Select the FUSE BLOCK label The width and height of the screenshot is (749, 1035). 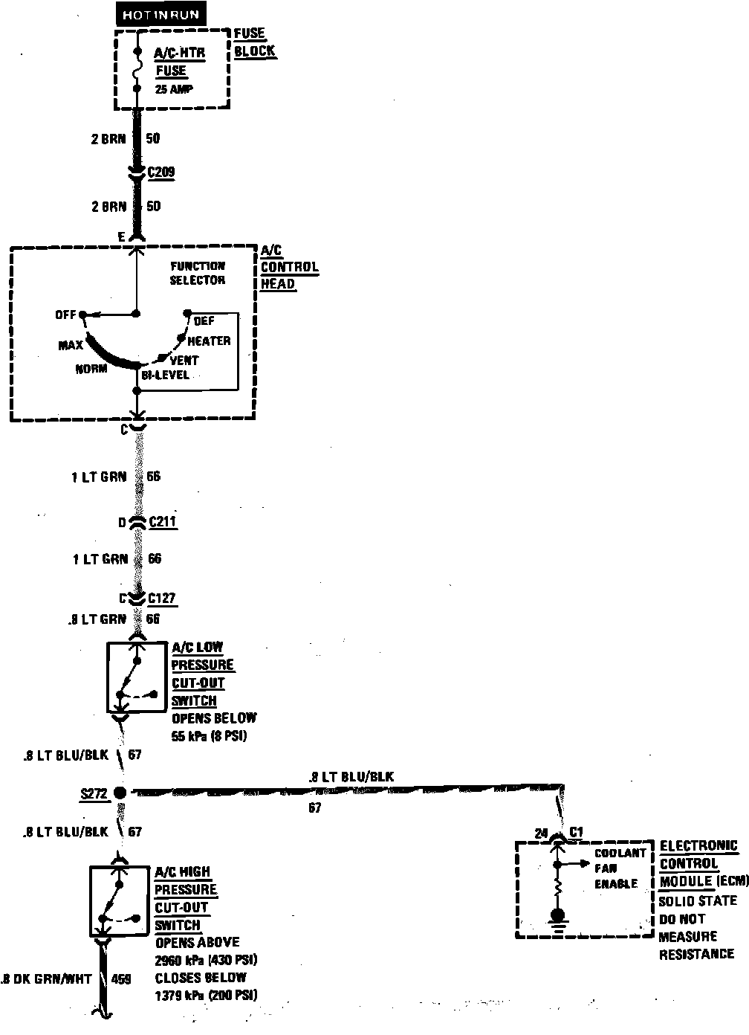coord(254,43)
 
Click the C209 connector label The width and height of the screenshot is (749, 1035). coord(162,172)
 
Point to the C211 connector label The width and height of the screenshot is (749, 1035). coord(163,521)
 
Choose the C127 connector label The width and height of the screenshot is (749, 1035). coord(163,598)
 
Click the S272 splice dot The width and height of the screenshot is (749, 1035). coord(119,793)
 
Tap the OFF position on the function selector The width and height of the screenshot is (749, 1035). coord(66,315)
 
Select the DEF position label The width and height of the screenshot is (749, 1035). coord(204,320)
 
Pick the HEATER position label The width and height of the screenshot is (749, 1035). coord(209,341)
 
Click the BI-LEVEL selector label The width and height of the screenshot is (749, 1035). coord(165,375)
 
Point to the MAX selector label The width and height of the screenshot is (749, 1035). coord(71,346)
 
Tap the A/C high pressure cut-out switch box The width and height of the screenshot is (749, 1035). coord(119,901)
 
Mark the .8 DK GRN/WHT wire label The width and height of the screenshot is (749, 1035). coord(47,978)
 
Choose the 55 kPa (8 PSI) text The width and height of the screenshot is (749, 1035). coord(209,736)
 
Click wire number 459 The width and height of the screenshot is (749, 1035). coord(120,978)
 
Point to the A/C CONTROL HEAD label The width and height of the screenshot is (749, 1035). coord(288,267)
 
